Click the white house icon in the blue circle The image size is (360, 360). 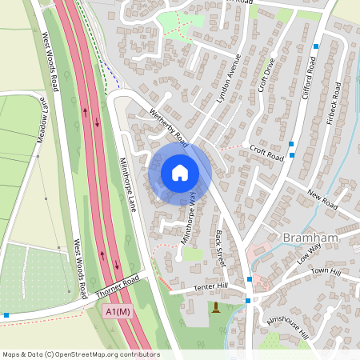pyautogui.click(x=180, y=173)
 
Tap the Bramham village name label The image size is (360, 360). pyautogui.click(x=309, y=238)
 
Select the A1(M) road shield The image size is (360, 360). pyautogui.click(x=118, y=312)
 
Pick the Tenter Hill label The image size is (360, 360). pyautogui.click(x=210, y=286)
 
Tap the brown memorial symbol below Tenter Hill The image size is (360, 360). pyautogui.click(x=215, y=308)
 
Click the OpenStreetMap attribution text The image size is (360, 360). pyautogui.click(x=81, y=354)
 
